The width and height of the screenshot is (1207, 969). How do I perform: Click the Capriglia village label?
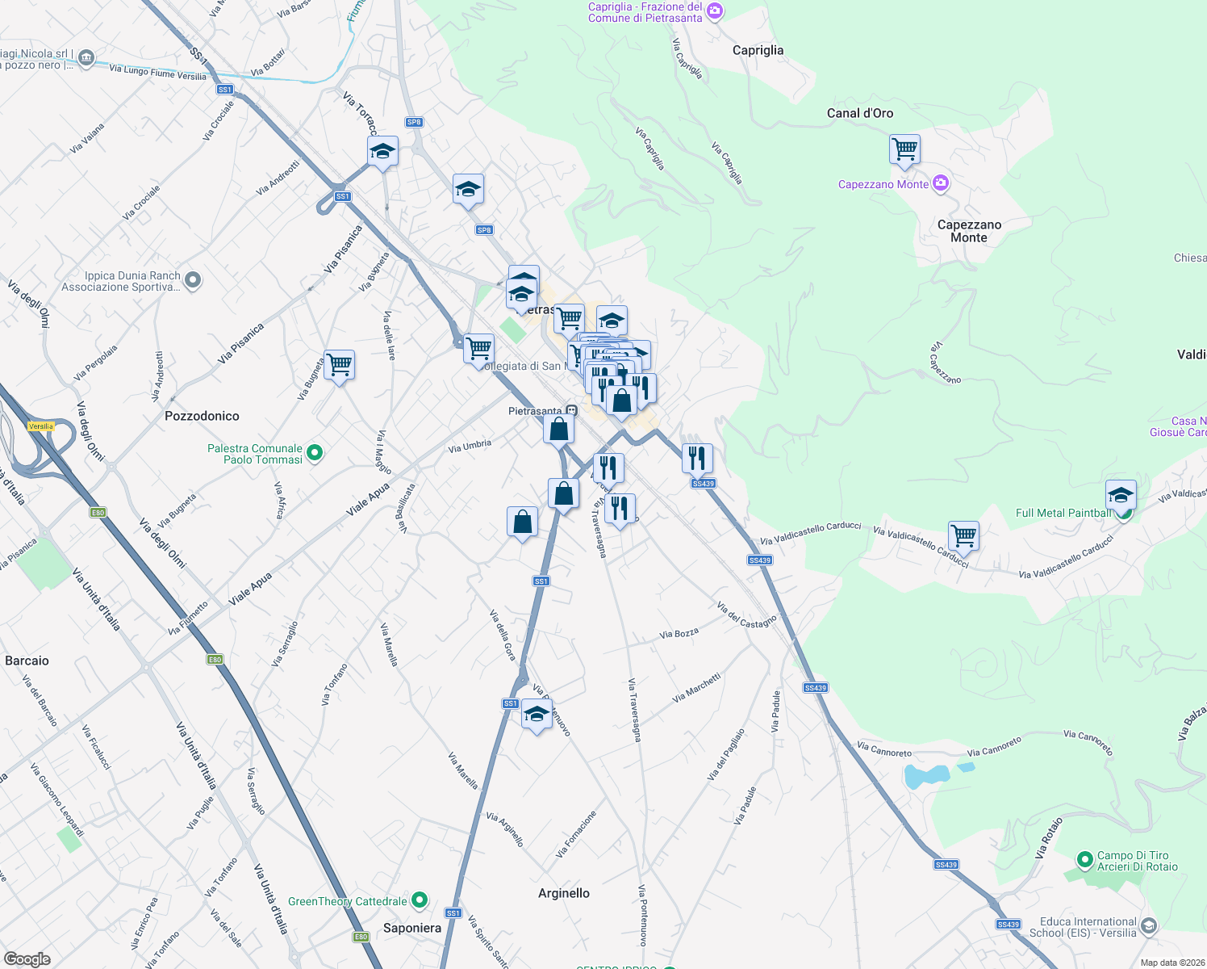(758, 50)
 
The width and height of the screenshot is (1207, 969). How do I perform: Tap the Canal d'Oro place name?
(860, 113)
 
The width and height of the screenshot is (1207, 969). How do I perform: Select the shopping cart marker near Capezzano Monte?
(905, 149)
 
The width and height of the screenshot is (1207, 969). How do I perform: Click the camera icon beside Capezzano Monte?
(940, 184)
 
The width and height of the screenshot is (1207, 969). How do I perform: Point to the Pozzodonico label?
(202, 416)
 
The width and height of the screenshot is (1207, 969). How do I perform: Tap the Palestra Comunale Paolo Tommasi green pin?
(315, 453)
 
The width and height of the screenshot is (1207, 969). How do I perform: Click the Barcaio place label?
(27, 661)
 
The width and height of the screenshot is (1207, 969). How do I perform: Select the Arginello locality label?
(564, 893)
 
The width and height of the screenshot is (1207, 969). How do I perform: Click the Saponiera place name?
(412, 928)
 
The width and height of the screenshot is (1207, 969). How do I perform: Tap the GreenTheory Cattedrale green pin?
(420, 900)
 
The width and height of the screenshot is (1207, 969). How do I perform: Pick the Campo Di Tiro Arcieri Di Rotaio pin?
(1084, 858)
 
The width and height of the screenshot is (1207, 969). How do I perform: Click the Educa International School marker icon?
(1149, 925)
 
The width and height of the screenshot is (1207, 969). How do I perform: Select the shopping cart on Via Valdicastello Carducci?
(963, 535)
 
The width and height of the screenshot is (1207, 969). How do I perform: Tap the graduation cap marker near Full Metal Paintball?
(1121, 494)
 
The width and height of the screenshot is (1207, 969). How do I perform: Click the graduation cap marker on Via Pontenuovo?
(537, 714)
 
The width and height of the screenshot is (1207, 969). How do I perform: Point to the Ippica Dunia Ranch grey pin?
(192, 280)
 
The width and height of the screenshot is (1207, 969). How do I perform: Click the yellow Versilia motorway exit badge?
(40, 426)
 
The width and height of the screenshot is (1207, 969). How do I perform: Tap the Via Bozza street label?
(679, 634)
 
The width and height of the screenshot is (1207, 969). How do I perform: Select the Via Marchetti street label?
(696, 688)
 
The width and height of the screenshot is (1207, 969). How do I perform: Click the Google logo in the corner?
(27, 959)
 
